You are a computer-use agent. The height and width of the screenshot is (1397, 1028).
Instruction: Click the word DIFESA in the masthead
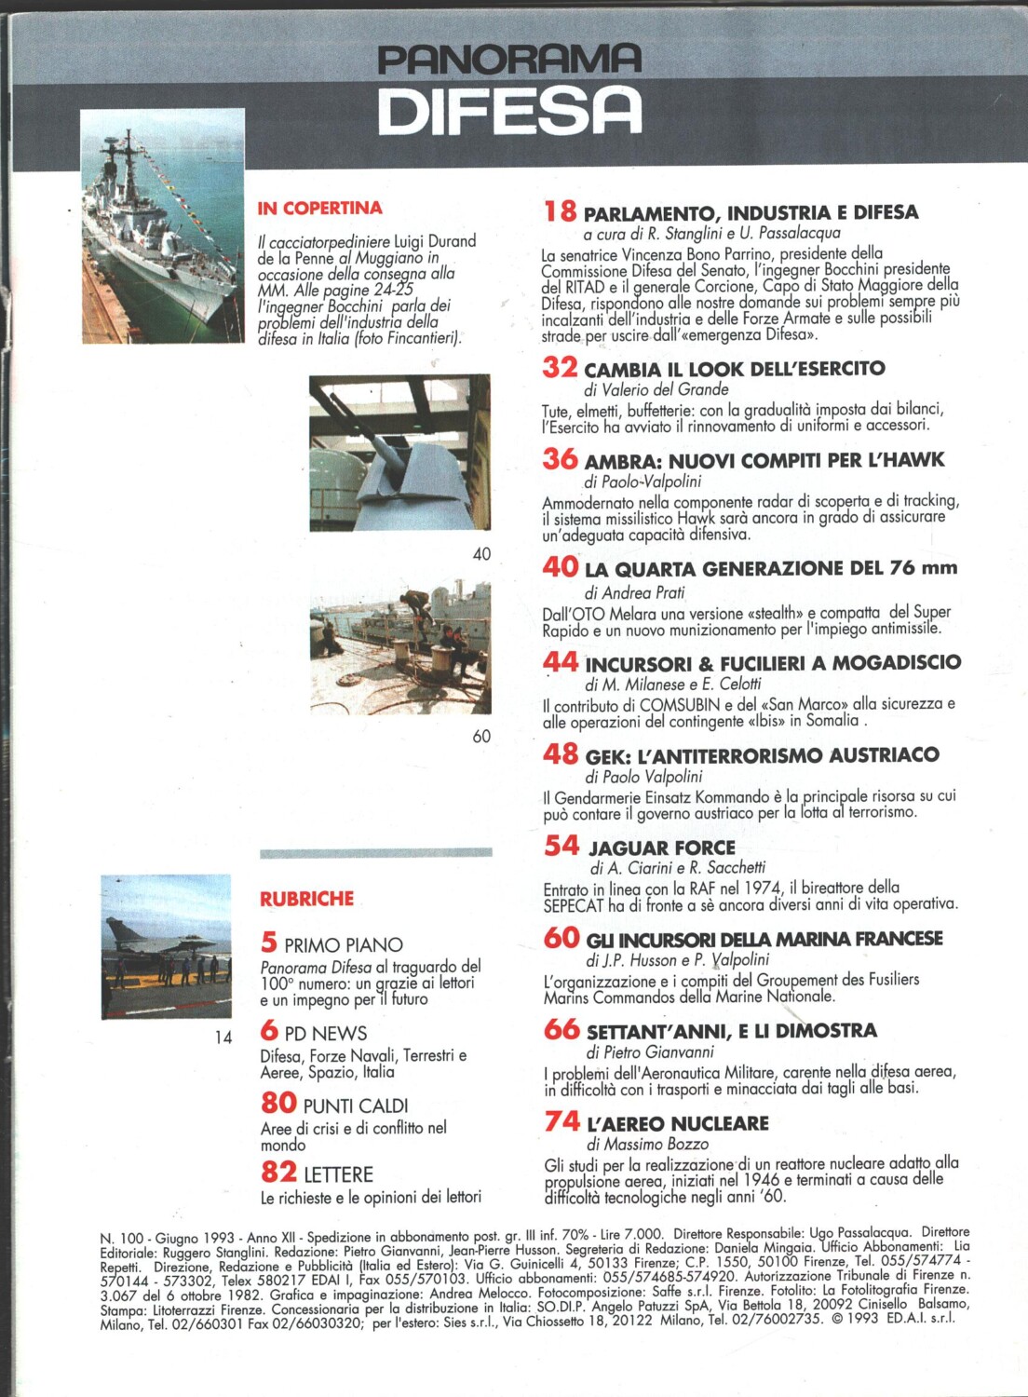tap(509, 111)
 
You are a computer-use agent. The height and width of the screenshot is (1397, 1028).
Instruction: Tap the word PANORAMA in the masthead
tap(509, 61)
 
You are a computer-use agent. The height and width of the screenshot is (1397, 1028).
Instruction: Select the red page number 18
tap(560, 211)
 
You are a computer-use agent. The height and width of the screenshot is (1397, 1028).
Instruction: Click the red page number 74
tap(561, 1121)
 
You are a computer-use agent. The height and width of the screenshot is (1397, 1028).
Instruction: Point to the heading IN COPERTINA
tap(319, 208)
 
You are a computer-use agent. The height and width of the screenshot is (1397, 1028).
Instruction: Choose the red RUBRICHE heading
tap(306, 899)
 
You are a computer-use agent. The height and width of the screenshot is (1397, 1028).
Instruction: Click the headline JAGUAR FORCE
tap(661, 848)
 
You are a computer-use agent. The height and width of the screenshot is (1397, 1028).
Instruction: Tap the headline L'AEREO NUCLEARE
tap(677, 1123)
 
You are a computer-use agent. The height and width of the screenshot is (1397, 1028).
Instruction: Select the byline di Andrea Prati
tap(634, 592)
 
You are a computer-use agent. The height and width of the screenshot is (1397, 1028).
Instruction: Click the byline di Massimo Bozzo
tap(647, 1144)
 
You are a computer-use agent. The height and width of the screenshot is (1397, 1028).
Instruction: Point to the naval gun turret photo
tap(399, 453)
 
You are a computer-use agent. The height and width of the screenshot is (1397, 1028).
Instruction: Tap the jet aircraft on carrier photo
tap(166, 946)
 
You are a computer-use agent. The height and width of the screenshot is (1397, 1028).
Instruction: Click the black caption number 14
tap(223, 1037)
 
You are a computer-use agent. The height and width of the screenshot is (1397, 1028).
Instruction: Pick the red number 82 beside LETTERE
tap(278, 1173)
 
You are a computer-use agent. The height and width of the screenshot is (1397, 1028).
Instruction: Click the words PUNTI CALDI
tap(356, 1105)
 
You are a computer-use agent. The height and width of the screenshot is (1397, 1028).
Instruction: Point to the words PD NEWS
tap(325, 1033)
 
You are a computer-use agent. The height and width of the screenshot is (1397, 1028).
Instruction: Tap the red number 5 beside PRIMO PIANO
tap(268, 943)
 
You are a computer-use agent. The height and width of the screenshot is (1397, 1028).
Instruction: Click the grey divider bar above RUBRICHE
tap(375, 853)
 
